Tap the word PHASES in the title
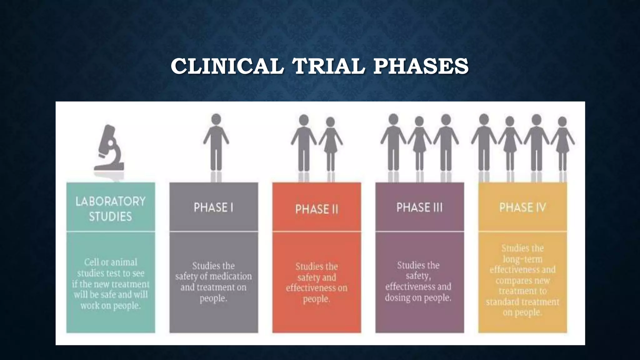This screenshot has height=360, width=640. click(x=421, y=66)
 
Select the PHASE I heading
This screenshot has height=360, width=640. click(x=213, y=207)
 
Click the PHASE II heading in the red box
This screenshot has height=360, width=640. click(x=317, y=209)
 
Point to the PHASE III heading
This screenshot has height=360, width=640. click(x=419, y=207)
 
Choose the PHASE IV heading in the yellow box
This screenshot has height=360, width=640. click(x=522, y=207)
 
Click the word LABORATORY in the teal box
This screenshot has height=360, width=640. click(x=111, y=202)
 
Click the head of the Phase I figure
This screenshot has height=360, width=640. click(x=216, y=119)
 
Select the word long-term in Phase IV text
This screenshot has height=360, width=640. click(x=522, y=259)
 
